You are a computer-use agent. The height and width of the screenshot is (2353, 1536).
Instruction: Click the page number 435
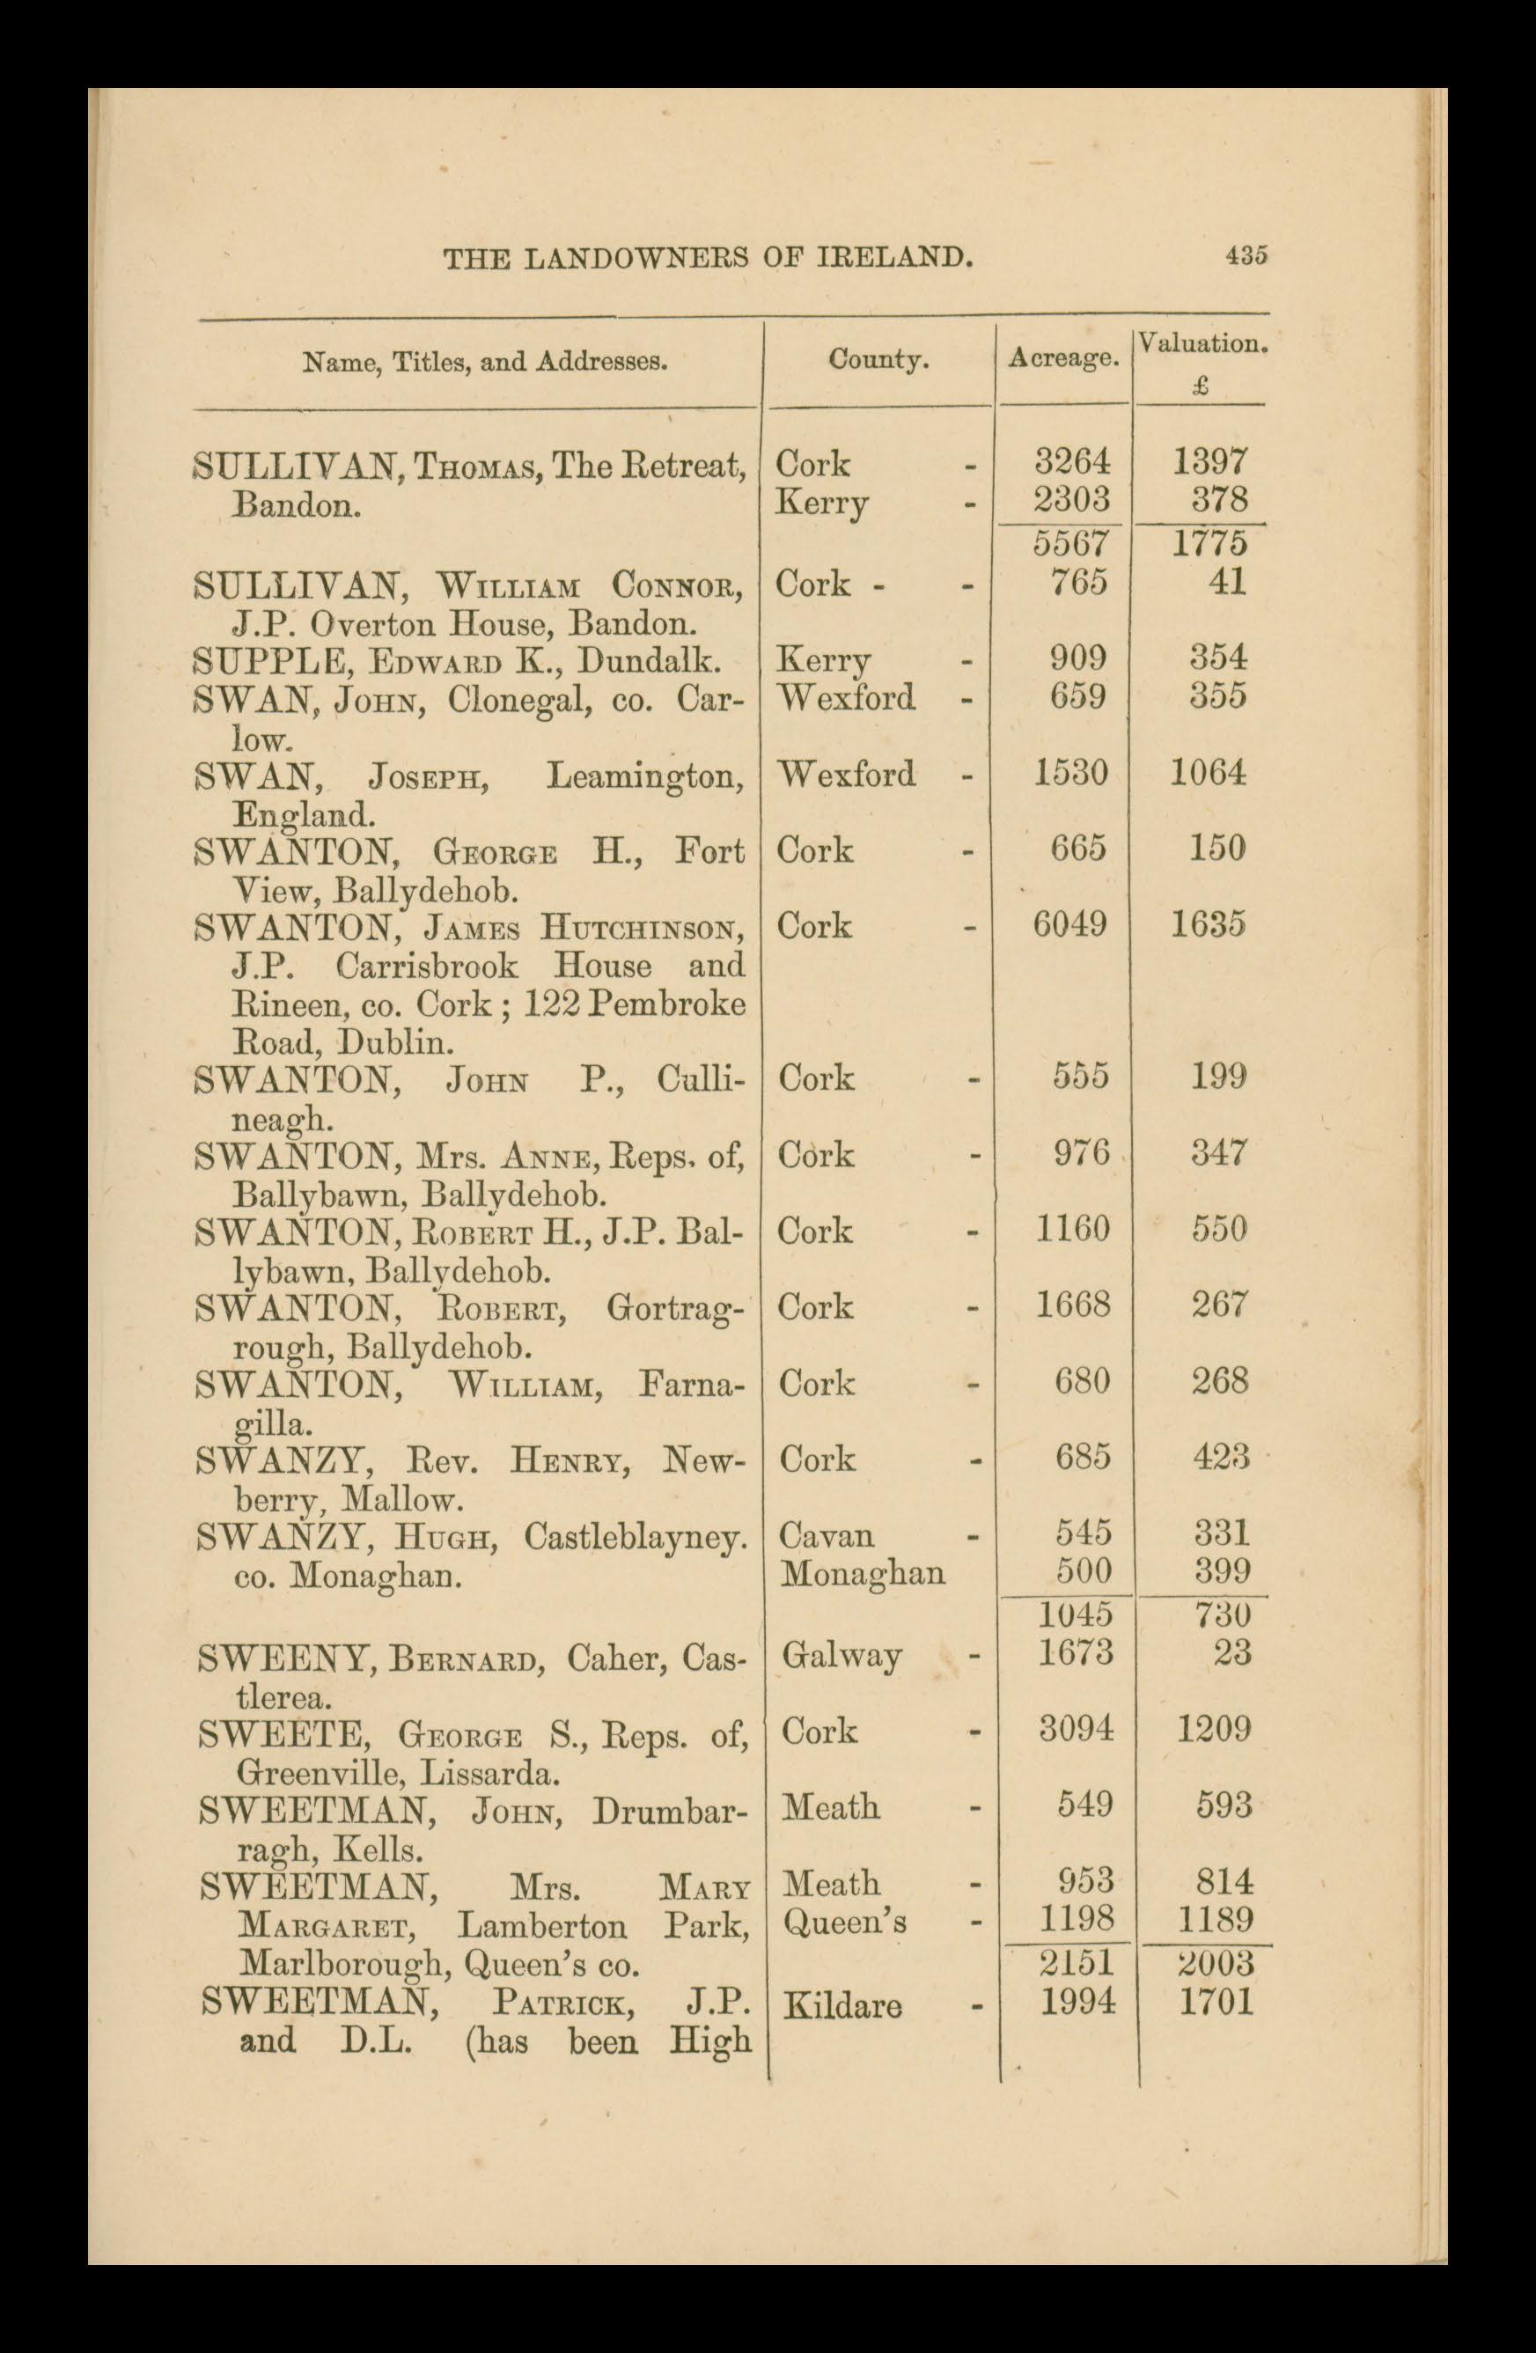coord(1246,255)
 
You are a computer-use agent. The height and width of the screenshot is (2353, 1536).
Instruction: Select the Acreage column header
coord(1063,360)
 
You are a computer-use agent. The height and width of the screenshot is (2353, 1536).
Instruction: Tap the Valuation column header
coord(1202,345)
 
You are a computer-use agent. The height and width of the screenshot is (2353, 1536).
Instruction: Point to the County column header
coord(878,360)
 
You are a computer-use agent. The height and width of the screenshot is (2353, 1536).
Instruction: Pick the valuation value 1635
coord(1208,924)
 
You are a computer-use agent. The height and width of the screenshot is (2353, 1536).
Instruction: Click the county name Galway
coord(841,1655)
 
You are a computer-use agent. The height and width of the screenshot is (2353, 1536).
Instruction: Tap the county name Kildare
coord(842,2007)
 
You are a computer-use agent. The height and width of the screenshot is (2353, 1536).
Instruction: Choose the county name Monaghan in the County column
coord(862,1573)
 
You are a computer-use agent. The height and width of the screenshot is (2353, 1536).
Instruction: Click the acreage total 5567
coord(1072,544)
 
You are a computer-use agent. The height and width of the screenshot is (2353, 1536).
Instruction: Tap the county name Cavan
coord(827,1535)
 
